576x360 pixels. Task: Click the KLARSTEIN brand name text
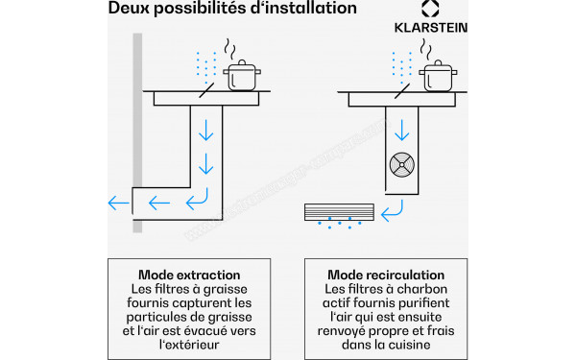(x=431, y=28)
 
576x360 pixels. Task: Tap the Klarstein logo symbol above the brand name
(x=430, y=9)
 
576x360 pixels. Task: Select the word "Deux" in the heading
(x=129, y=8)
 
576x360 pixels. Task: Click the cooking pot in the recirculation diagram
(x=438, y=76)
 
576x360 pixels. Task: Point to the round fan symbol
(x=402, y=165)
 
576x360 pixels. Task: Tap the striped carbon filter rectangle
(x=339, y=212)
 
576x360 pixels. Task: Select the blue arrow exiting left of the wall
(x=119, y=203)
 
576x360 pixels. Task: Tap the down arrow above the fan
(x=402, y=130)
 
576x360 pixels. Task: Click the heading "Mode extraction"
(x=189, y=275)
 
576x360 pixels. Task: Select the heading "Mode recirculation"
(x=386, y=275)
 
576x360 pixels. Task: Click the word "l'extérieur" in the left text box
(x=189, y=345)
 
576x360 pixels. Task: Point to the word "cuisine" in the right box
(x=408, y=345)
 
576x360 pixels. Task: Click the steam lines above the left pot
(x=230, y=49)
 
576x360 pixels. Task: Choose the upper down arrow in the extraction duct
(x=206, y=130)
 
